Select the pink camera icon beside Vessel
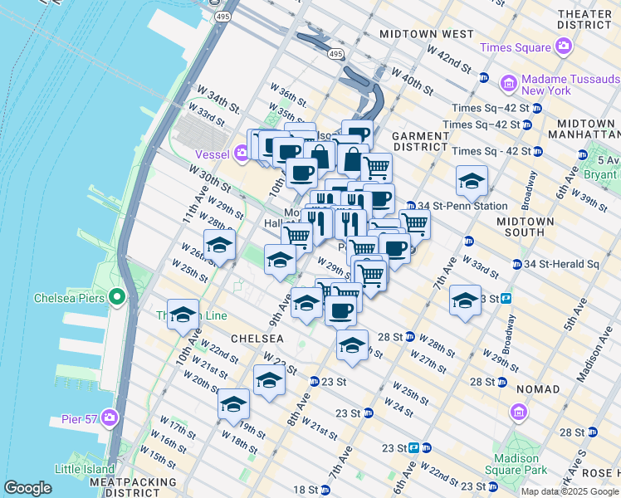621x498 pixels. point(242,152)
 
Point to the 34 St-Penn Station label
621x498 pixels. point(456,206)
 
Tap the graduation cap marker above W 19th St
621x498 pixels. point(234,404)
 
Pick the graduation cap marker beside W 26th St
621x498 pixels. point(220,245)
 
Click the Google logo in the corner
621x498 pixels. point(27,488)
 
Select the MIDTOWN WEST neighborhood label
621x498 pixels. point(426,34)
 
